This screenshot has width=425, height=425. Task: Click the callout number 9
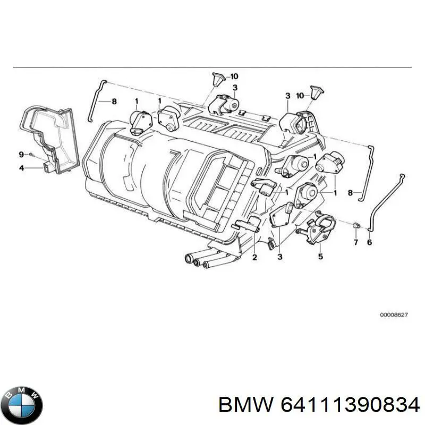point(22,155)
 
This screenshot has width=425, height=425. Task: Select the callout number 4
point(22,168)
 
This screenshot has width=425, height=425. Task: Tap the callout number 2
point(254,258)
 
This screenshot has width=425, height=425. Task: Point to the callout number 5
point(320,257)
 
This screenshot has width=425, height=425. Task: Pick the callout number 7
point(356,243)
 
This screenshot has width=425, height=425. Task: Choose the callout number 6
point(370,243)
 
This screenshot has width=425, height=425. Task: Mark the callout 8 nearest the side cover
point(113,101)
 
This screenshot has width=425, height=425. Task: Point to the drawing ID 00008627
point(394,315)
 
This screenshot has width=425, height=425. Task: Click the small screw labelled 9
point(31,155)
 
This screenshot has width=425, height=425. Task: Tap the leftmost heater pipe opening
point(188,259)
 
